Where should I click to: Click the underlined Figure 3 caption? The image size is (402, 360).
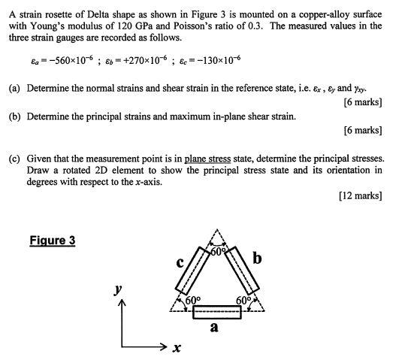(53, 241)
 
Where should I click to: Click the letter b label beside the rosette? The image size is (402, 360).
(258, 259)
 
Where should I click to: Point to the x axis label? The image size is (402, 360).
(177, 349)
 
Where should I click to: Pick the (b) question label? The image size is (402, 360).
(15, 116)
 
